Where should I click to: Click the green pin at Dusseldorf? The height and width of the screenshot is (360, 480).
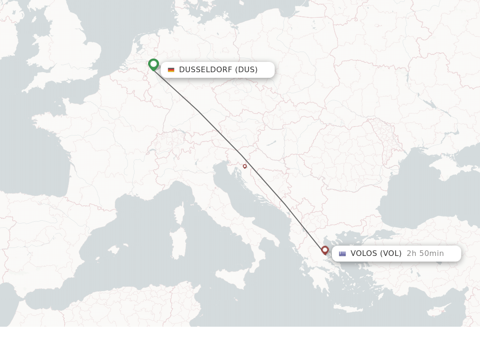tap(153, 64)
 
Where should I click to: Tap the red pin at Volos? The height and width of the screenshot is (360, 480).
tap(325, 250)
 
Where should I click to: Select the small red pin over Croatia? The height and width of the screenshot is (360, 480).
tap(245, 166)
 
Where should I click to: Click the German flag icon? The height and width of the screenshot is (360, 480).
tap(171, 70)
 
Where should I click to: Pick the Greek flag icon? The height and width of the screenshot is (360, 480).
tap(343, 254)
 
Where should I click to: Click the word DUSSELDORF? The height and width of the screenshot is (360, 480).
tap(205, 70)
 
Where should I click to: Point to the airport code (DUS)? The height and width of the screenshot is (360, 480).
tap(246, 70)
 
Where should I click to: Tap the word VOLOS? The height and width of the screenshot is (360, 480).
tap(364, 254)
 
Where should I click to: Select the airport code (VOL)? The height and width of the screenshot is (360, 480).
tap(390, 254)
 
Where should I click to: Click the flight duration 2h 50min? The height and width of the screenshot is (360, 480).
tap(425, 254)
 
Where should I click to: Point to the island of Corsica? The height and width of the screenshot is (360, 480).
tap(179, 213)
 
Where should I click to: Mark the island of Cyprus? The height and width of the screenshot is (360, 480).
tap(437, 311)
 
